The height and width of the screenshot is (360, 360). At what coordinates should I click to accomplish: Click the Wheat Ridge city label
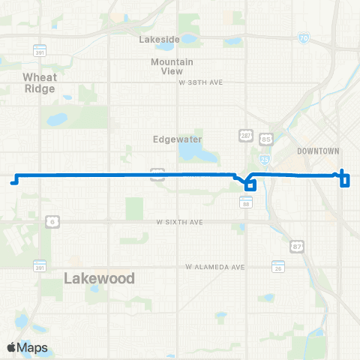(40, 82)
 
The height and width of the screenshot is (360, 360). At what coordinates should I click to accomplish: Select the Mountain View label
(172, 66)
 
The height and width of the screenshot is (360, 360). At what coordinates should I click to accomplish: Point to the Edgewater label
(173, 139)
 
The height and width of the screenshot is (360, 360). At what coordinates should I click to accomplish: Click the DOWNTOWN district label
(319, 151)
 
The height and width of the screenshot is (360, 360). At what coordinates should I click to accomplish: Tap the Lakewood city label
(99, 278)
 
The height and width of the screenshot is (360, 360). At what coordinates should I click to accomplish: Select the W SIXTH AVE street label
(180, 222)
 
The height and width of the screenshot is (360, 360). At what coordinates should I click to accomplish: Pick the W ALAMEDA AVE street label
(216, 267)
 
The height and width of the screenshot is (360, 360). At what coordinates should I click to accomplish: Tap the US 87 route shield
(297, 246)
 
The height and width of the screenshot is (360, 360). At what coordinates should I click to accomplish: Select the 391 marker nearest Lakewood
(40, 267)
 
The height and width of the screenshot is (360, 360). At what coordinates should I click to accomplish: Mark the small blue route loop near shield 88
(250, 184)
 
